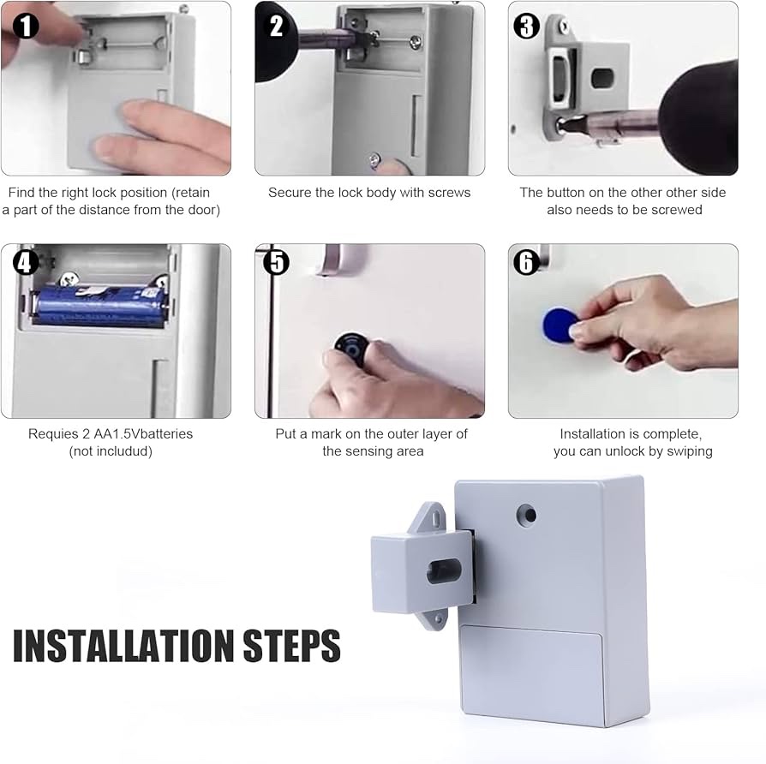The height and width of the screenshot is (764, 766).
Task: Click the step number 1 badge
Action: coord(26,27)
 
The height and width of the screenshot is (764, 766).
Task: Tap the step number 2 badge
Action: coord(276,26)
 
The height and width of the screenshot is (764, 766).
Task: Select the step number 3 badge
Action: coord(526,27)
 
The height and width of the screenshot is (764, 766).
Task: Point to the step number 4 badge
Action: coord(26,263)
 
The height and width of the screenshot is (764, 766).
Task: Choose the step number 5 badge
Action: coord(276,262)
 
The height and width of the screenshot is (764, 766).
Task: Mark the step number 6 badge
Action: coord(526,262)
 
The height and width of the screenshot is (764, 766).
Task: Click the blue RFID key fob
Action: coord(560,325)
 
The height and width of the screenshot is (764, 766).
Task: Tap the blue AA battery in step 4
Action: coord(100,305)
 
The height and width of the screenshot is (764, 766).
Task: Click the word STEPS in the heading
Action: coord(291,645)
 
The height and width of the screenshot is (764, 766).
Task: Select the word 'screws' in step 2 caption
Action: coord(449,193)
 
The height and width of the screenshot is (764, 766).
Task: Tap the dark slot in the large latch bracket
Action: coord(444,571)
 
